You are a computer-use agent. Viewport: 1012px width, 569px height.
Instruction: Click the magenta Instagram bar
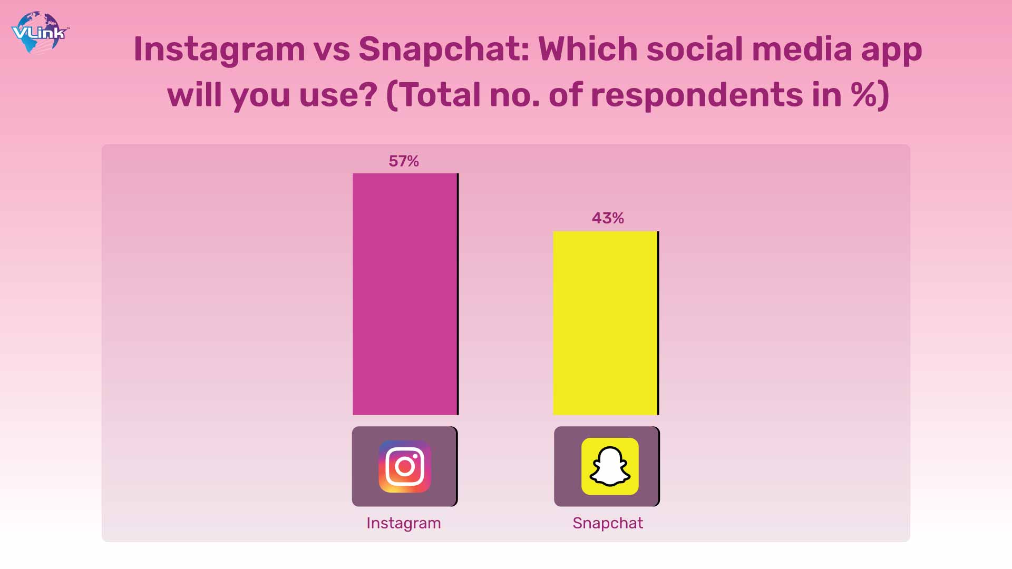coord(405,294)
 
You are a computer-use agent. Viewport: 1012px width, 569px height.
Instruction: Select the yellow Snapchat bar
coord(606,323)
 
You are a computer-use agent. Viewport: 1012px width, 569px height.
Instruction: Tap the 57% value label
coord(404,161)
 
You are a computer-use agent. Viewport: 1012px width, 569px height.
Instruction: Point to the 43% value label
coord(608,218)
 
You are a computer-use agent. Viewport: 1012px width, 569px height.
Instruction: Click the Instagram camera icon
coord(405,466)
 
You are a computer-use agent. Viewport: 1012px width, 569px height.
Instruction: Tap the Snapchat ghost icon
coord(610,466)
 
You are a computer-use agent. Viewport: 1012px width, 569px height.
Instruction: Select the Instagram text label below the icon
coord(404,523)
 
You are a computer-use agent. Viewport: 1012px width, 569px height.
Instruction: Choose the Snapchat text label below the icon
coord(608,523)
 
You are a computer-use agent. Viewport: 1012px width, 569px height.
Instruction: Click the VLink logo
coord(40,33)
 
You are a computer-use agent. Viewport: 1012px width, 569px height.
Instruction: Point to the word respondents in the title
coord(697,96)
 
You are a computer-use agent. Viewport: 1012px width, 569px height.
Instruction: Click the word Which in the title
coord(588,49)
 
